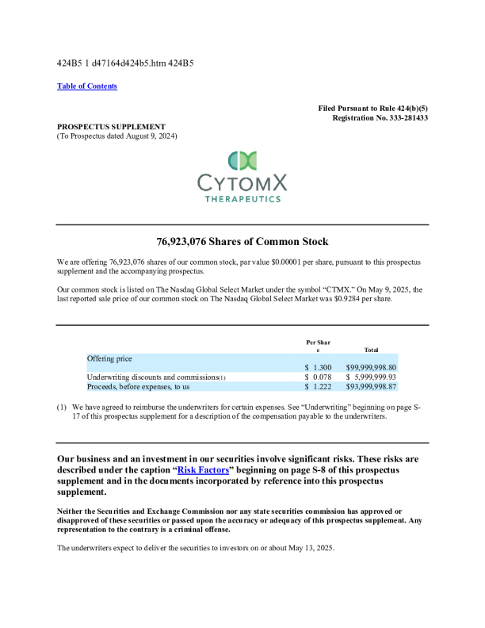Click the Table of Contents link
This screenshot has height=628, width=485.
(x=87, y=86)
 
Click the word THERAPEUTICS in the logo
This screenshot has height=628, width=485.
(x=242, y=199)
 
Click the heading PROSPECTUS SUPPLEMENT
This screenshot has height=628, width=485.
(x=111, y=126)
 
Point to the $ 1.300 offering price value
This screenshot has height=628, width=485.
(x=318, y=367)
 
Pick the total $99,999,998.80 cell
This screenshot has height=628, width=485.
(x=371, y=367)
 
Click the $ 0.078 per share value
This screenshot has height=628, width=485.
(x=318, y=377)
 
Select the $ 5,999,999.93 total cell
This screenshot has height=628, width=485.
(x=371, y=377)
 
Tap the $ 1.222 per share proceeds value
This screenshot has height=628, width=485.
(x=318, y=387)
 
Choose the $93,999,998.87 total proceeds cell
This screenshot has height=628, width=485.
(x=371, y=387)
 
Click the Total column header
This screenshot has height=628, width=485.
(x=370, y=349)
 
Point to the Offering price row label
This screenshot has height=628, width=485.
(x=109, y=358)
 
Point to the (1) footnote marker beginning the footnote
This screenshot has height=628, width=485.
(x=61, y=407)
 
